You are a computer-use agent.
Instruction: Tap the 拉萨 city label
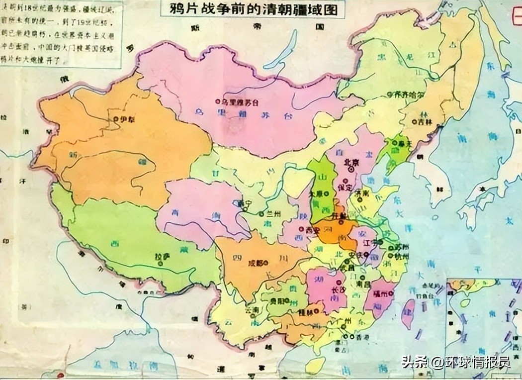163,257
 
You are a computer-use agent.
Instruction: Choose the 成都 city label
255,263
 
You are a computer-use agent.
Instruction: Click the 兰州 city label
273,213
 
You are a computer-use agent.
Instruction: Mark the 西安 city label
311,229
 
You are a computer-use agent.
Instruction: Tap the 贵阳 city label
276,300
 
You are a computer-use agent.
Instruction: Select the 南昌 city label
365,284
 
